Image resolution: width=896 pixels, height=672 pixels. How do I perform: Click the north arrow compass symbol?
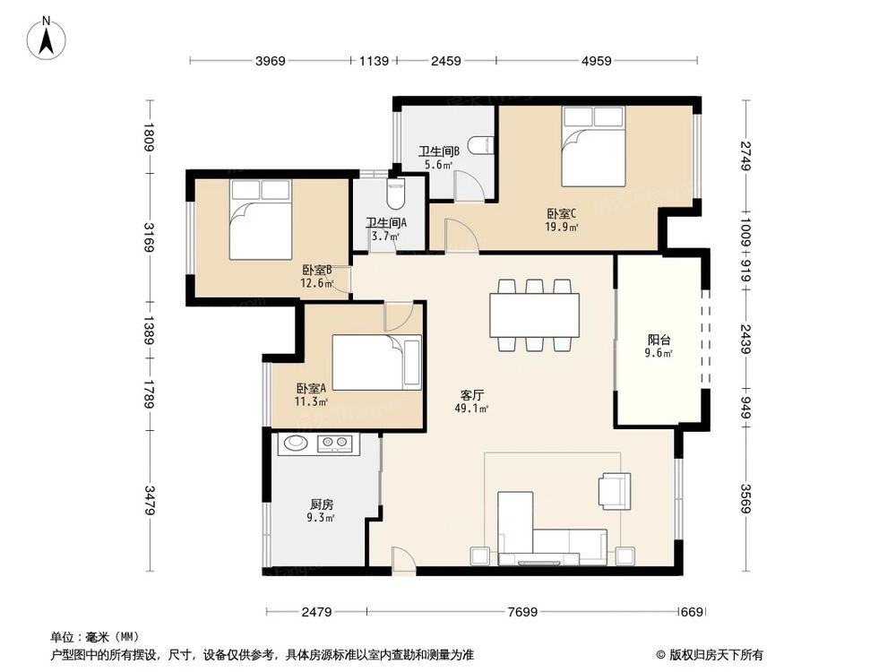click(x=47, y=39)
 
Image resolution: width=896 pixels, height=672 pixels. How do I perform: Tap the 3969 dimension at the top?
click(x=271, y=61)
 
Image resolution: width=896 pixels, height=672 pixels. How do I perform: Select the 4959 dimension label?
click(x=597, y=61)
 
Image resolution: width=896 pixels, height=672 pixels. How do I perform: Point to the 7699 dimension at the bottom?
click(x=522, y=612)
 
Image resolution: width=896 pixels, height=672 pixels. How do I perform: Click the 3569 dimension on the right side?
click(x=745, y=499)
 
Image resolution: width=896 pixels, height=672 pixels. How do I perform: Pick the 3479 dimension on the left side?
click(x=149, y=500)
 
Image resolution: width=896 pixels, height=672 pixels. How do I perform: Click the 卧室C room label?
click(x=562, y=214)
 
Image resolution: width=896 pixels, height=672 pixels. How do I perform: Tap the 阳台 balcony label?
click(x=659, y=340)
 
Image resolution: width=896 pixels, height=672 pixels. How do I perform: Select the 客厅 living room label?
click(x=472, y=395)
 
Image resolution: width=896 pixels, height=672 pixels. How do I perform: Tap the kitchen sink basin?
click(x=296, y=443)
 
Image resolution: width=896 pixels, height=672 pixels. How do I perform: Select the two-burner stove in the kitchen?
click(x=334, y=443)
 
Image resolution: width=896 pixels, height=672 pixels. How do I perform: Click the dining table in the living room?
click(x=534, y=314)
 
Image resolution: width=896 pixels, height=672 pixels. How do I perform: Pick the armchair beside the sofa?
click(x=615, y=490)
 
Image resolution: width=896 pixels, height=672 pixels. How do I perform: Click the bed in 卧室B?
click(x=261, y=220)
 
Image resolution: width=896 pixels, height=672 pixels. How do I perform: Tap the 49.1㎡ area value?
click(x=471, y=409)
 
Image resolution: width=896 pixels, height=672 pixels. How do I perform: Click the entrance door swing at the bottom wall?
click(x=403, y=558)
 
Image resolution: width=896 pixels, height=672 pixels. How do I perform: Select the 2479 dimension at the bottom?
click(x=316, y=612)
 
